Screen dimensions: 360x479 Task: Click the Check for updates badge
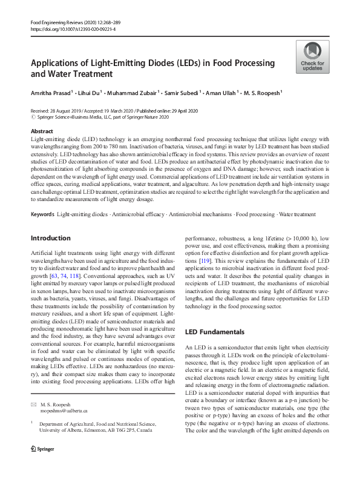pos(312,57)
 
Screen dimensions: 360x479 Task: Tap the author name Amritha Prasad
pos(51,94)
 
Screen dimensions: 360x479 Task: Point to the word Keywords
pos(42,214)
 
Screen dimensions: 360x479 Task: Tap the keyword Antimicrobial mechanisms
pos(200,214)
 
